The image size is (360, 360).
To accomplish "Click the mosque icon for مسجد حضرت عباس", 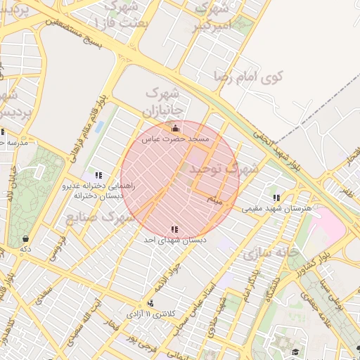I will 175,128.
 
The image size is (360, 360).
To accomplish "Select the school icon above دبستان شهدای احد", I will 174,229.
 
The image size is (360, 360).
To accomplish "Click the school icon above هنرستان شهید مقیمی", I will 275,198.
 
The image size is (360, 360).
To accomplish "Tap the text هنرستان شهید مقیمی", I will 271,209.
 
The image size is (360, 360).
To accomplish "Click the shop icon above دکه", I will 26,238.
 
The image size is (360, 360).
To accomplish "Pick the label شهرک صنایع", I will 100,218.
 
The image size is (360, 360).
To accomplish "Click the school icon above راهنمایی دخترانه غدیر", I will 98,174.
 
